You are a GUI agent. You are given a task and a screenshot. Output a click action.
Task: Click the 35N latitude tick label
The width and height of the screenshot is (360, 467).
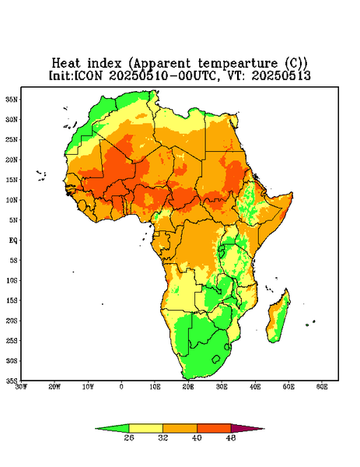click(12, 99)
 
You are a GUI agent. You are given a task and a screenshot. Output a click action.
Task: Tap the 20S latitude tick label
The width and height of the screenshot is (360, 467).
click(12, 321)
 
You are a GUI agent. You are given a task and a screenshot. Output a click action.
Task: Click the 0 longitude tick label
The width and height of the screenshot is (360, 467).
click(121, 387)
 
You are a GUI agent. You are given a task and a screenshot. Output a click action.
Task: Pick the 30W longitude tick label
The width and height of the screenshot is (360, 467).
click(21, 387)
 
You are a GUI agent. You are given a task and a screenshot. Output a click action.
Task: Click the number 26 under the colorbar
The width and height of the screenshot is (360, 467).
click(129, 437)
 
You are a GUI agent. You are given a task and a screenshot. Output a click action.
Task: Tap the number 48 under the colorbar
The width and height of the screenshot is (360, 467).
click(231, 437)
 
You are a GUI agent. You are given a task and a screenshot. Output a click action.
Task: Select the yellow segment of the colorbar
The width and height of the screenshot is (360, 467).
click(145, 428)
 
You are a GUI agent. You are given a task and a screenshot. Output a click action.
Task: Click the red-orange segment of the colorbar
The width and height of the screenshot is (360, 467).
click(214, 428)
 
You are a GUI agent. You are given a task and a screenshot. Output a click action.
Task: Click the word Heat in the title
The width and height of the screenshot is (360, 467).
click(66, 63)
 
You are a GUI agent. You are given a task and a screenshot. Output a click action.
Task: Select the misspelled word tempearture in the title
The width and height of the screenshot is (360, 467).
click(238, 64)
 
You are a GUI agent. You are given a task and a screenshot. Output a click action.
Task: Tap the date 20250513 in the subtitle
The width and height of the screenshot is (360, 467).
click(281, 75)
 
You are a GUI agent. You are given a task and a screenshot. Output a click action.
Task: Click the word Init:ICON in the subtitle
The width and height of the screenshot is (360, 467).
click(75, 75)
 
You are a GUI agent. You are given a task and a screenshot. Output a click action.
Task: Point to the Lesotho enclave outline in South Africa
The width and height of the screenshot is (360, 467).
click(215, 359)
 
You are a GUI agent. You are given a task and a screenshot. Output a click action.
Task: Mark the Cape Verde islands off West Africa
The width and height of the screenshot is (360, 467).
click(41, 175)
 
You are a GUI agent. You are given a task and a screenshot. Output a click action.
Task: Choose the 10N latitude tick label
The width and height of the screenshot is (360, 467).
click(12, 200)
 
